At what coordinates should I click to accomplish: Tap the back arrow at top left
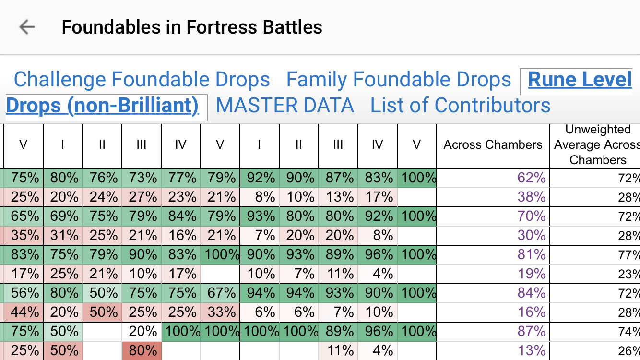(27, 27)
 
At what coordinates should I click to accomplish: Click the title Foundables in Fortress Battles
(192, 27)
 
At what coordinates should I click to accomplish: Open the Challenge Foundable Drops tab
(142, 80)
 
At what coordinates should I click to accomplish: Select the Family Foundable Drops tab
(399, 80)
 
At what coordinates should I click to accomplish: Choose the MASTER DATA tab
(285, 106)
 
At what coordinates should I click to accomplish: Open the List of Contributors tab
(460, 106)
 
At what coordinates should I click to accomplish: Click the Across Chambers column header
(493, 145)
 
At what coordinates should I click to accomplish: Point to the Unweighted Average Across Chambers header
(597, 145)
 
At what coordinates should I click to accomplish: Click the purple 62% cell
(532, 178)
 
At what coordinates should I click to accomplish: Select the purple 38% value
(532, 197)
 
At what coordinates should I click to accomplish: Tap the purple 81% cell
(532, 255)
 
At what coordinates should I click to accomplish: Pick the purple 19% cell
(532, 274)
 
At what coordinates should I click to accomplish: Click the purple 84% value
(532, 293)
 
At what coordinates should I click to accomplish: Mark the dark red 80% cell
(142, 351)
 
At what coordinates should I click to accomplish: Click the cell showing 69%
(63, 216)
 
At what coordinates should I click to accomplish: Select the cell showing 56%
(24, 293)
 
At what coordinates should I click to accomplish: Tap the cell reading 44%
(24, 312)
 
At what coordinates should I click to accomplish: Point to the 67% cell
(220, 293)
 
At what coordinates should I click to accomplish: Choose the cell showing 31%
(63, 236)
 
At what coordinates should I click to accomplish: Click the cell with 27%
(142, 197)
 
